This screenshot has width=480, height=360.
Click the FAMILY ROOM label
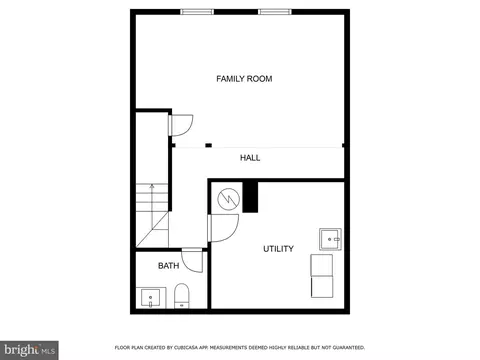tap(244, 79)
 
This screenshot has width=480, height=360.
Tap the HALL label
tap(250, 158)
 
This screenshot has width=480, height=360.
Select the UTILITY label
tap(278, 249)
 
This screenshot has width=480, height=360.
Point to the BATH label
tap(168, 266)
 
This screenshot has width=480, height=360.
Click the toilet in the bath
tap(182, 296)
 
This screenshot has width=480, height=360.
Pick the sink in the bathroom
tap(151, 297)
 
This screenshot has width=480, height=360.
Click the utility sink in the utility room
tap(330, 239)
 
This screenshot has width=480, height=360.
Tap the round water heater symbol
tap(229, 199)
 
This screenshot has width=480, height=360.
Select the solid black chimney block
tap(250, 197)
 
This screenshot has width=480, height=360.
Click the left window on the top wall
tap(197, 12)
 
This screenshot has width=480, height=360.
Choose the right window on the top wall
tap(275, 12)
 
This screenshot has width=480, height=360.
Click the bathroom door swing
tap(192, 260)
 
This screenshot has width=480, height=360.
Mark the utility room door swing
tap(223, 228)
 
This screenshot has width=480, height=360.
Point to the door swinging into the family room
tap(180, 125)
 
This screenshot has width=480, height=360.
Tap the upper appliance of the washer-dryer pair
tap(322, 265)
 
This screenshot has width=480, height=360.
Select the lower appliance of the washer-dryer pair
tap(322, 287)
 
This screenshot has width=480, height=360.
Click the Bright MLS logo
tap(29, 350)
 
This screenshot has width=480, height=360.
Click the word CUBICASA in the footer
tap(186, 348)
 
